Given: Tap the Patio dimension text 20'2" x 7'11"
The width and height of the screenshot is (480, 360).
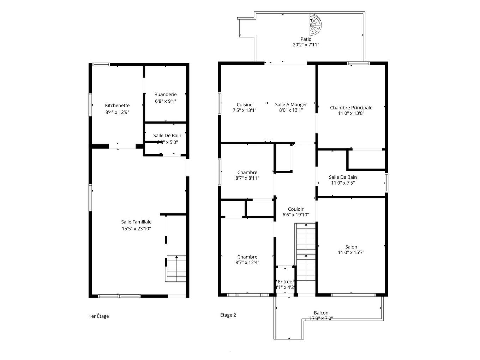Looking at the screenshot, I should [x=306, y=45].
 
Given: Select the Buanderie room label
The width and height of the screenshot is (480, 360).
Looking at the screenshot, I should [x=165, y=95].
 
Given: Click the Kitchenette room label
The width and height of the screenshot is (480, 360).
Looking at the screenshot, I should [x=117, y=106].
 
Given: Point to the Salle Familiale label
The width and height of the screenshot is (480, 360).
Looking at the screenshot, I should [x=136, y=222].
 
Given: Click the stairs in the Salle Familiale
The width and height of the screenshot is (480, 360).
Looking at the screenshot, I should [x=176, y=268].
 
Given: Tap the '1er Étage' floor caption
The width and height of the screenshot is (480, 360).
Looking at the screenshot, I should [x=99, y=316].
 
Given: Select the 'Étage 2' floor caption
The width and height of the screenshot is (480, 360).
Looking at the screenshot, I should [x=228, y=315].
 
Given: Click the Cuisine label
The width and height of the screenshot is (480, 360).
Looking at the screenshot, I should [x=244, y=105].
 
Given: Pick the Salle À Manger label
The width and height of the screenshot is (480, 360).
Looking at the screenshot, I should [x=291, y=105].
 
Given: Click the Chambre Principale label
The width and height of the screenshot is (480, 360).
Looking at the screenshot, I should [x=351, y=108].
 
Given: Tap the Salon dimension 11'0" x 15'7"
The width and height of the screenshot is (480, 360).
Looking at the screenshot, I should [x=351, y=252].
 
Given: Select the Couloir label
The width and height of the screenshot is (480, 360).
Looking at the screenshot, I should [x=295, y=209].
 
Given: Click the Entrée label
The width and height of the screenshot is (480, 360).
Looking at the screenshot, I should [x=285, y=282].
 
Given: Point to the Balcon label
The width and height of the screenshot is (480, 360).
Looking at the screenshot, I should [x=321, y=313].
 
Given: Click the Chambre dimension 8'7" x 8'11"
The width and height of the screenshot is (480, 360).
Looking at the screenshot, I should [x=247, y=178].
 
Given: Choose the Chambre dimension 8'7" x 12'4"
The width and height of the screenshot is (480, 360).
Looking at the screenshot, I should [x=247, y=262].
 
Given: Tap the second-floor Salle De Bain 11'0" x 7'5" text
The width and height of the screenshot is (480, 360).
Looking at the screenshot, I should [x=343, y=183].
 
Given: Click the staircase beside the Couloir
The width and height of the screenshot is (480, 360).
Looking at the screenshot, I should [x=305, y=252].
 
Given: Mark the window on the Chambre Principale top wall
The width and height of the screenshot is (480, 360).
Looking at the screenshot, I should [x=358, y=64].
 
